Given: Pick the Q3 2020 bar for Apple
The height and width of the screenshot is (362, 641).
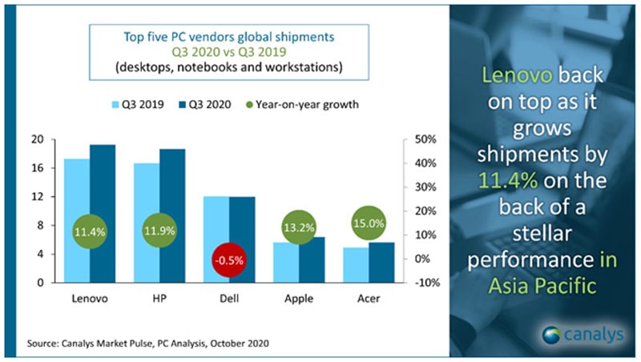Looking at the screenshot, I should coord(311,259).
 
